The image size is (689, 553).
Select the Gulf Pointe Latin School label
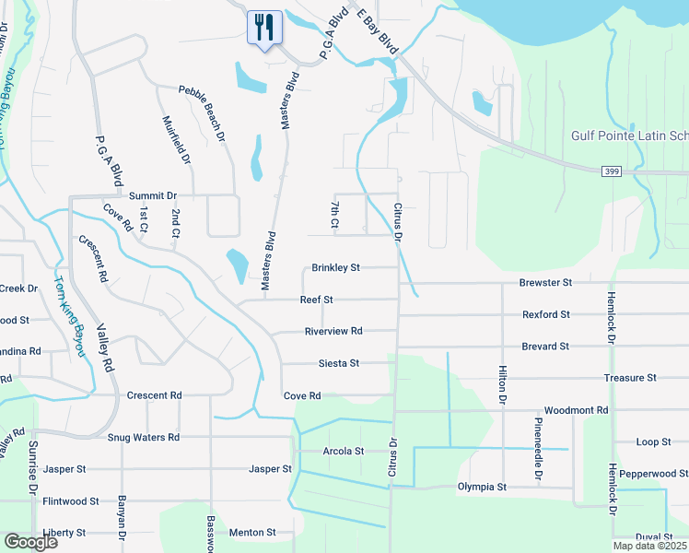point(630,135)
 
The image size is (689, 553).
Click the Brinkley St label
point(335,268)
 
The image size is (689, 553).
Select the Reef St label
point(316,300)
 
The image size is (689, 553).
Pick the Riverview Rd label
point(333,331)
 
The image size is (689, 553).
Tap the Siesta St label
point(339,363)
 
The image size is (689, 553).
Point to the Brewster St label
point(545,282)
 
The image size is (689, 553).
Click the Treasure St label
point(630,378)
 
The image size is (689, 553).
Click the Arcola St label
point(344,452)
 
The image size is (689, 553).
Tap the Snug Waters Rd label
point(143,438)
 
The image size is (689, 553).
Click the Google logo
point(30,541)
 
